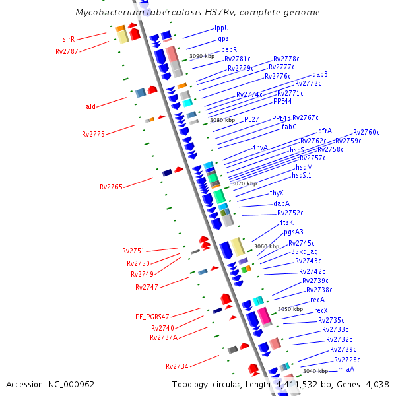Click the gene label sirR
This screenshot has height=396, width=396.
(69, 40)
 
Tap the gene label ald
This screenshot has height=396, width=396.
(91, 106)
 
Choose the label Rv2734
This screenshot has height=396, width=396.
(177, 366)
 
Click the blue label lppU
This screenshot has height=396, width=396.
(222, 28)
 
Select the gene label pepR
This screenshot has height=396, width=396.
(229, 49)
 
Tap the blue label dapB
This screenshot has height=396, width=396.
(320, 75)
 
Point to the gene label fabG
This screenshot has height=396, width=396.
(289, 126)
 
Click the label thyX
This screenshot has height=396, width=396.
(277, 193)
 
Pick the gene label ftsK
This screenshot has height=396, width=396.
(287, 223)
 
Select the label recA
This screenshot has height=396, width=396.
(317, 300)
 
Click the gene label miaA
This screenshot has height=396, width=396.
(347, 369)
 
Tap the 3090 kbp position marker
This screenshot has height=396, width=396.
(201, 57)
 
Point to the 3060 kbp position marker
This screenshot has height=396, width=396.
(266, 246)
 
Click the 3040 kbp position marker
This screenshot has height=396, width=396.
(315, 371)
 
